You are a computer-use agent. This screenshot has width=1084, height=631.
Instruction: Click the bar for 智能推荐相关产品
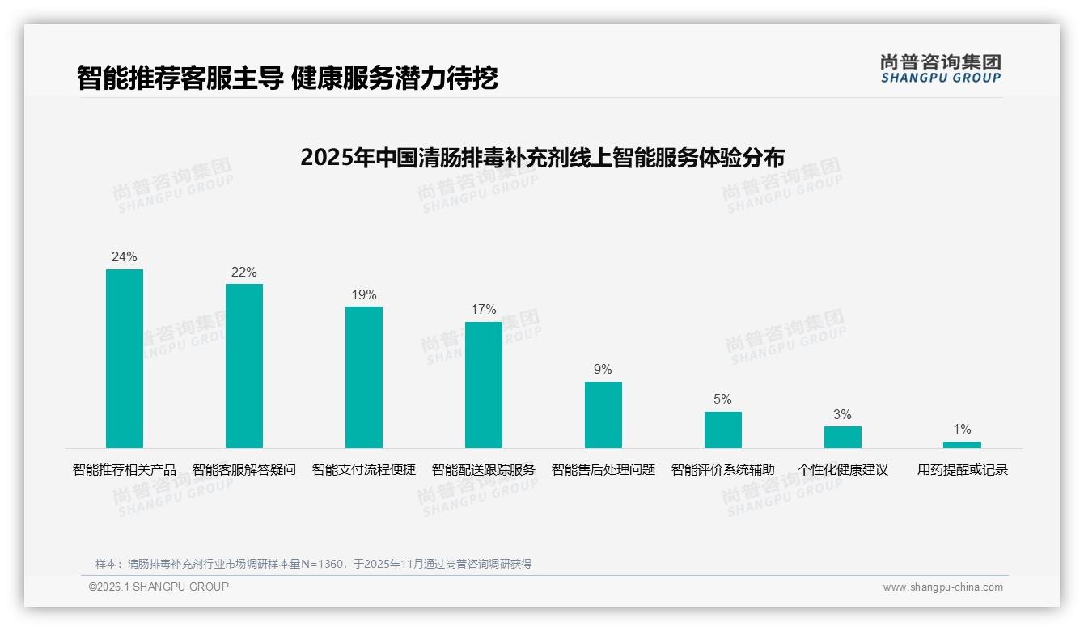[125, 358]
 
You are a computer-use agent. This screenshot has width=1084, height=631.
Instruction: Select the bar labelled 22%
[244, 366]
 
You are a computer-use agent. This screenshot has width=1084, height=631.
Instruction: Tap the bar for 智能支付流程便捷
[364, 377]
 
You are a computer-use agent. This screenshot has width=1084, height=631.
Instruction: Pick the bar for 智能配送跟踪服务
[484, 385]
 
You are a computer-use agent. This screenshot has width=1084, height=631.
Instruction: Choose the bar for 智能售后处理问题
[603, 415]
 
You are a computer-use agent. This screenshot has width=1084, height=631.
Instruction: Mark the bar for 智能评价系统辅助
[723, 430]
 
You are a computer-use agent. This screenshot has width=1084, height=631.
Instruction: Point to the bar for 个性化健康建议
[843, 437]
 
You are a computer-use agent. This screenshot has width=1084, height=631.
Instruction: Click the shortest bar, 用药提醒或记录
[962, 445]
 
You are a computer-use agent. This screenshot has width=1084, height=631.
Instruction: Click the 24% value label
[125, 257]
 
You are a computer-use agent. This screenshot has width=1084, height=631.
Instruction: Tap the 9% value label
[603, 370]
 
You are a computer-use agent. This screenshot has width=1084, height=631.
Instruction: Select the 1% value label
[962, 430]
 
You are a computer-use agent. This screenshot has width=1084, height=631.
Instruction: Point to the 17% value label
[484, 310]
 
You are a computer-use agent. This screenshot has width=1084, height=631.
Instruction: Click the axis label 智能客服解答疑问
[244, 470]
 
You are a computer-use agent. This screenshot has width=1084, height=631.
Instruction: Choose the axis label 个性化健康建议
[843, 470]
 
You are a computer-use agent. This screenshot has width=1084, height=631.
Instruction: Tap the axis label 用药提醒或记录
[962, 470]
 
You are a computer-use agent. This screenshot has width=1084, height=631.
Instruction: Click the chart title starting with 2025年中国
[542, 157]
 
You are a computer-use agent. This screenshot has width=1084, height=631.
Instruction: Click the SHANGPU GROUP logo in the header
[941, 69]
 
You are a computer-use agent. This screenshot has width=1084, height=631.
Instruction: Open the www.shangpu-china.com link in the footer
[942, 587]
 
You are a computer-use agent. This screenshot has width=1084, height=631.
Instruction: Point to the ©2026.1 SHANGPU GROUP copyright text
[159, 587]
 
